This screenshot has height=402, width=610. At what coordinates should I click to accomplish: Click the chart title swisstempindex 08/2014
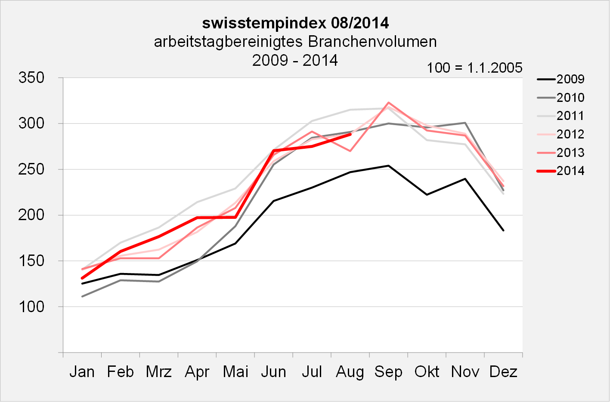point(295,22)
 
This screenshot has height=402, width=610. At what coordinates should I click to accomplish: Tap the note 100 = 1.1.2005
point(474,68)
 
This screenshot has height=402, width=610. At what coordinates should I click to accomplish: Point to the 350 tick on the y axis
point(31,78)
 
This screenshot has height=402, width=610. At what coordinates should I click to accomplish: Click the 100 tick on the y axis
point(31,307)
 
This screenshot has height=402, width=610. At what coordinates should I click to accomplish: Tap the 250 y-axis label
point(31,169)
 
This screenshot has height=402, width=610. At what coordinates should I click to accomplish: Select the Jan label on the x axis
point(82,371)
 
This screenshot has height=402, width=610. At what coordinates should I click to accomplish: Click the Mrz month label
point(158,371)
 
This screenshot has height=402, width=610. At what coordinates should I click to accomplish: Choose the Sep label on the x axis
point(388,371)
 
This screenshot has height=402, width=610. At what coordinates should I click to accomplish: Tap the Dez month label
point(503,371)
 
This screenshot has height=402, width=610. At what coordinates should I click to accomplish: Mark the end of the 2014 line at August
point(350,134)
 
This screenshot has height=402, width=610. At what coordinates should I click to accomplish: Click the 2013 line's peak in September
point(388,102)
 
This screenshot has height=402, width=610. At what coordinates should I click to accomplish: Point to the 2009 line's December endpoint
point(503,230)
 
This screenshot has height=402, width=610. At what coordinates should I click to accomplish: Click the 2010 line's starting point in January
point(82,296)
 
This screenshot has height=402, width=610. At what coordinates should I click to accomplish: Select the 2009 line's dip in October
point(427,195)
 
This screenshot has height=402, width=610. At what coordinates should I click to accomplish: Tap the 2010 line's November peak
point(465,123)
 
